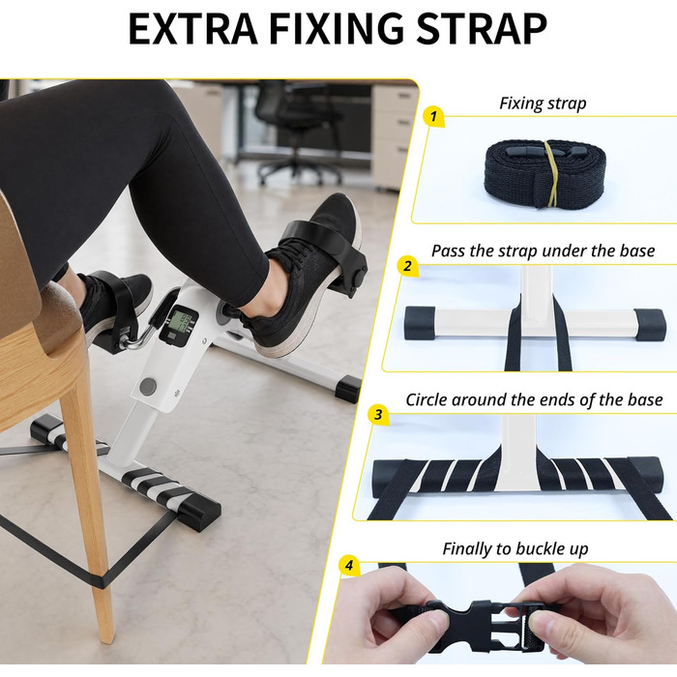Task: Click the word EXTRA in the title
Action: [x=192, y=29]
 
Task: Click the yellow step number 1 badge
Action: [x=434, y=116]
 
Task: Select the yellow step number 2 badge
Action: [x=408, y=266]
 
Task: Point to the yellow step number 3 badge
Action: [x=379, y=415]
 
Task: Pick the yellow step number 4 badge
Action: [x=349, y=565]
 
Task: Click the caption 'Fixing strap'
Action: [x=543, y=103]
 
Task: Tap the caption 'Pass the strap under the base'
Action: [x=544, y=250]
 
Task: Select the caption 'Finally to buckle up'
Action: [x=515, y=548]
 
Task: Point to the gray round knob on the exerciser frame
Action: [x=148, y=386]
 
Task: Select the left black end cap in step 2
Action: [x=420, y=323]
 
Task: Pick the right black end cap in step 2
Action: [x=650, y=325]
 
